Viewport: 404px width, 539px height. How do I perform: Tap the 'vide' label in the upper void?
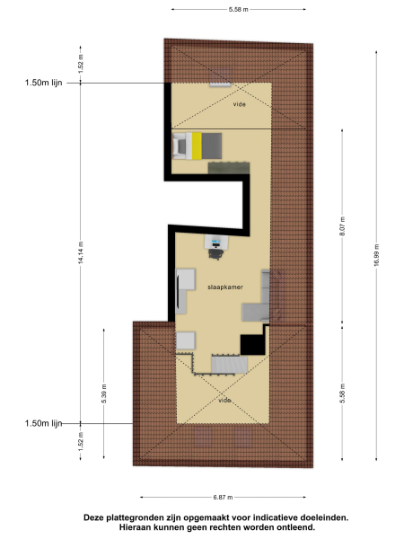239,104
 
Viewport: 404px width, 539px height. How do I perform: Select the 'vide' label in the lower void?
224,400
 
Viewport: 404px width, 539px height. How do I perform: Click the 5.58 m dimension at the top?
238,10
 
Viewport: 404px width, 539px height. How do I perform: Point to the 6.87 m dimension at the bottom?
224,497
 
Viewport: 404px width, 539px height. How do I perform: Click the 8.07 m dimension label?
343,230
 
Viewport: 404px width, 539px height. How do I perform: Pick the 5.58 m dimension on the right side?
343,393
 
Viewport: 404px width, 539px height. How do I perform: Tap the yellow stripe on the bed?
196,145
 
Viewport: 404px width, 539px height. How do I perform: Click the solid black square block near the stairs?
250,344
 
